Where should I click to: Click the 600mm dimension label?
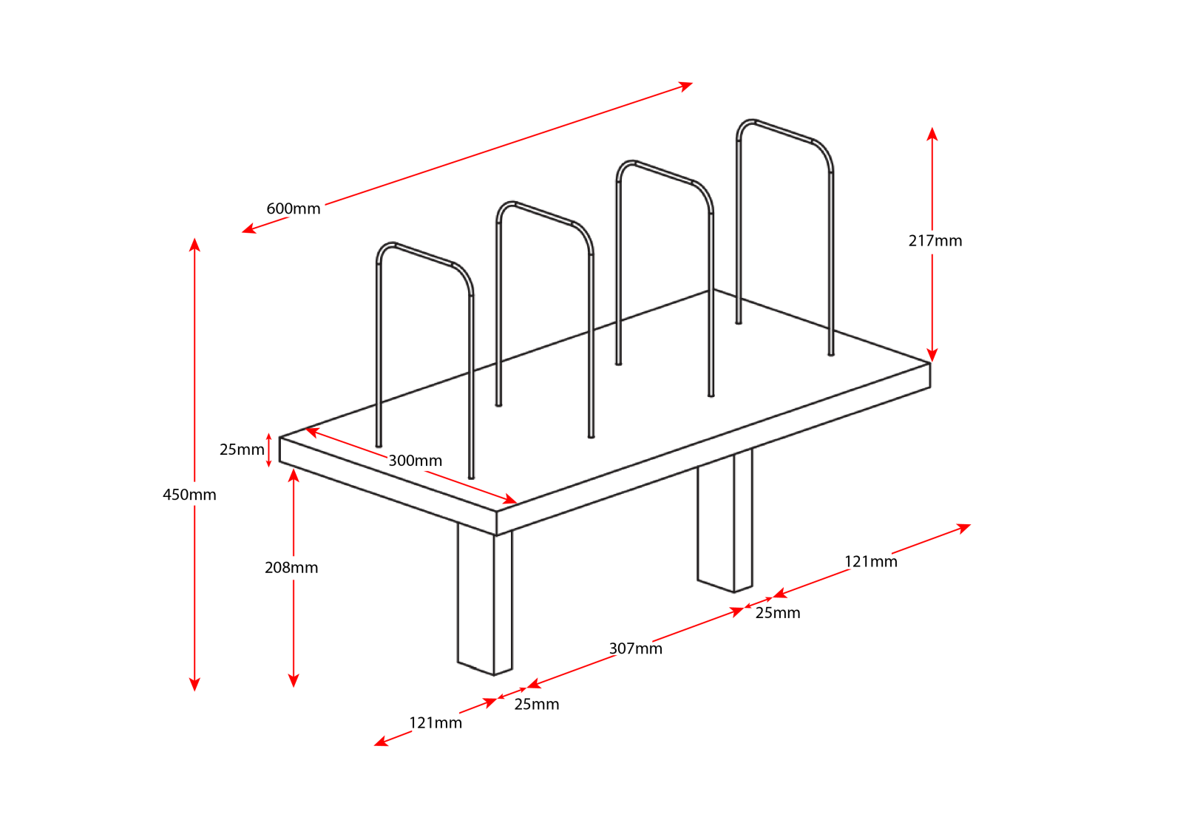[x=293, y=209]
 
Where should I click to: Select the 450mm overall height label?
[x=189, y=495]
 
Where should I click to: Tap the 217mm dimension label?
[x=935, y=241]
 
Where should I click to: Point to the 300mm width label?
[x=415, y=461]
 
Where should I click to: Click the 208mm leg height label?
[x=291, y=568]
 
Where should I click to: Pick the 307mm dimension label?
[x=635, y=648]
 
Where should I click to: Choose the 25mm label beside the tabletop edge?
[x=242, y=450]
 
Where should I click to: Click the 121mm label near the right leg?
[x=870, y=561]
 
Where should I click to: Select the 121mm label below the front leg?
[x=435, y=723]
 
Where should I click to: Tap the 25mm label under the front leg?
[x=537, y=704]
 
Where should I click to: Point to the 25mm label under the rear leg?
[x=777, y=612]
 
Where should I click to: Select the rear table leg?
[x=725, y=520]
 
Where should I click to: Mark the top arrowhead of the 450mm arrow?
[x=194, y=244]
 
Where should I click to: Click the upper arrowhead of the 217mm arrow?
[x=932, y=133]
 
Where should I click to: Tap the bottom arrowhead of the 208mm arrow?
[x=294, y=681]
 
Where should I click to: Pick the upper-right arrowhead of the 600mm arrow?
[x=686, y=86]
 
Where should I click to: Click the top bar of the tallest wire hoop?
[x=783, y=132]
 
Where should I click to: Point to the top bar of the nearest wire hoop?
[x=423, y=254]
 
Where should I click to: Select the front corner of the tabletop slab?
[x=496, y=511]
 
